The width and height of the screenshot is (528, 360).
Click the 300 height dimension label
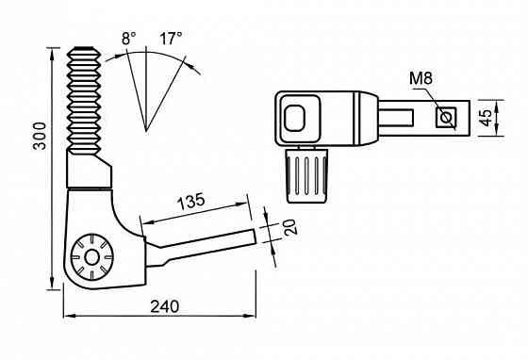(x=40, y=136)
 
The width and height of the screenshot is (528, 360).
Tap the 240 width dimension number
(x=165, y=307)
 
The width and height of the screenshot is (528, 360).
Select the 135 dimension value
(x=190, y=202)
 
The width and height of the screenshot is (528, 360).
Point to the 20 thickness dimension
(x=290, y=227)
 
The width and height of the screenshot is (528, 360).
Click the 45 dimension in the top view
(x=486, y=118)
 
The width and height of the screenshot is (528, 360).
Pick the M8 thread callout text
(x=421, y=78)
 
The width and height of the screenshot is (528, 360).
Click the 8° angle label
(x=129, y=38)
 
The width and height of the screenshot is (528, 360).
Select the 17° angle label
(x=171, y=38)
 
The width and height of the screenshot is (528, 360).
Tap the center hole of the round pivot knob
(x=91, y=258)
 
